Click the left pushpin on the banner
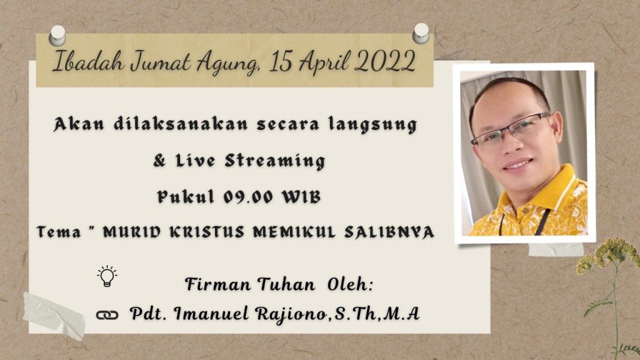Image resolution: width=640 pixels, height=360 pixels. (x=57, y=36)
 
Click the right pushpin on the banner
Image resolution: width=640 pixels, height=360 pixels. (x=421, y=34)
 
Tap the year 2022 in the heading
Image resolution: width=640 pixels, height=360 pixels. (x=385, y=62)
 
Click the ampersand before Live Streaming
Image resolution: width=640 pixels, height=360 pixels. (x=159, y=161)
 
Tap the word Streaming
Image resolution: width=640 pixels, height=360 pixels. (x=275, y=161)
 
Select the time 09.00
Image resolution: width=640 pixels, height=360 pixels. (x=248, y=197)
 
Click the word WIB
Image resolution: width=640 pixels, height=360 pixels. (x=302, y=197)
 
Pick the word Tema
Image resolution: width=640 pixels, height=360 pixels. (x=59, y=232)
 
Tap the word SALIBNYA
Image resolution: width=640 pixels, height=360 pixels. (x=389, y=232)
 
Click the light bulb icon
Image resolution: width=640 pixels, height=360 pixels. (x=107, y=276)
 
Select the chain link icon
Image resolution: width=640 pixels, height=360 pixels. (x=107, y=315)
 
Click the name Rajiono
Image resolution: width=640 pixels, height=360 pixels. (x=291, y=314)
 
